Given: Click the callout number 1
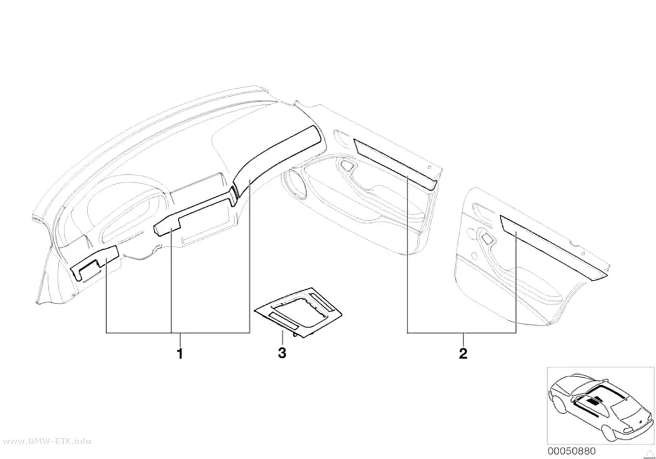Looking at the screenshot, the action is (180, 353).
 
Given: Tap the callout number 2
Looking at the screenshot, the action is (463, 353).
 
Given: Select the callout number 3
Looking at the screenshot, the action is (282, 353).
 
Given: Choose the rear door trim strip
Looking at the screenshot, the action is (552, 247).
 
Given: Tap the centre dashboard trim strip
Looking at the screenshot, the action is (194, 215).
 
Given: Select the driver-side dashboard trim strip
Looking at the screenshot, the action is (94, 262).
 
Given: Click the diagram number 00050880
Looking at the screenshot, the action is (572, 451).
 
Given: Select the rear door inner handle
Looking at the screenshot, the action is (487, 239).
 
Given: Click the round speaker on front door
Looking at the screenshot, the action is (298, 185).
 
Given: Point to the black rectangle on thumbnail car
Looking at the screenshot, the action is (593, 402).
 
